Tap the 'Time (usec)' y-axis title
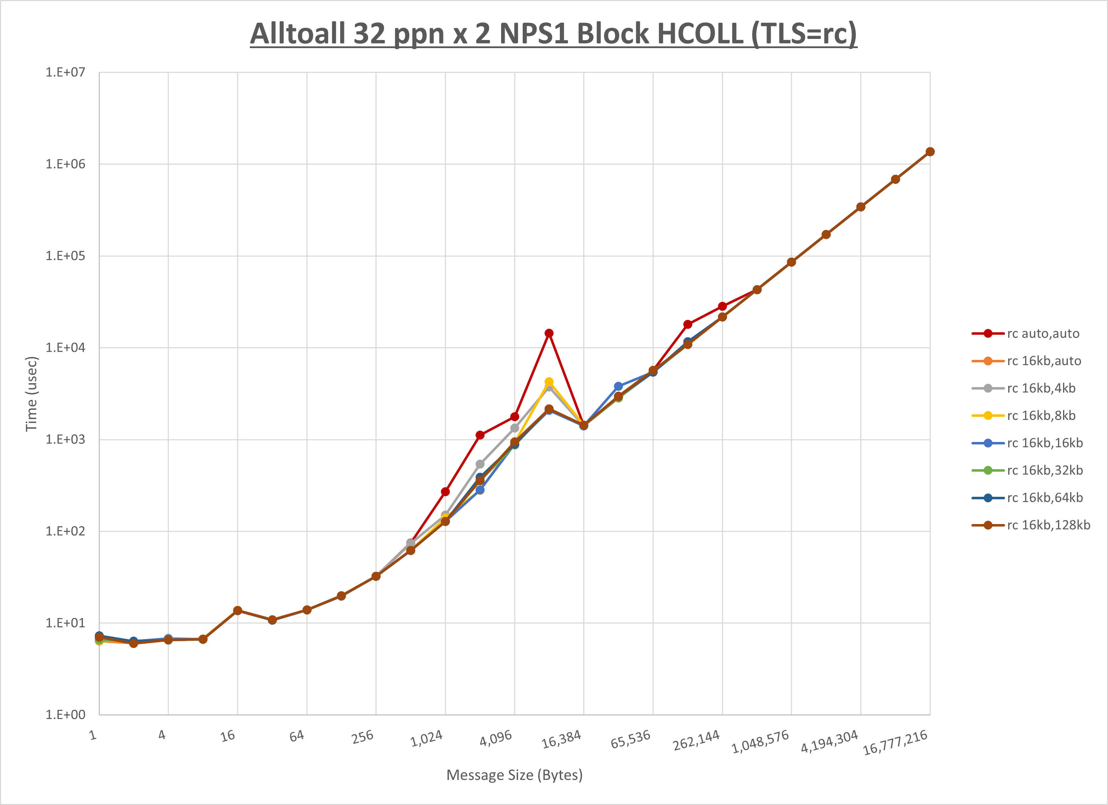[31, 394]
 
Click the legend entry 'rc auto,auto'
[1043, 334]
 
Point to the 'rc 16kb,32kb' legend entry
[1045, 470]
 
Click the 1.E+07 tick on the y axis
[65, 72]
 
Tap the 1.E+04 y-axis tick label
[65, 347]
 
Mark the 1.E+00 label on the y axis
[65, 715]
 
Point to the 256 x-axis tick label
[362, 737]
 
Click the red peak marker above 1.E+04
[549, 333]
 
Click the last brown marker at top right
[930, 152]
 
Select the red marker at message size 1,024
[445, 492]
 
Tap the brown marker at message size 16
[237, 611]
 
